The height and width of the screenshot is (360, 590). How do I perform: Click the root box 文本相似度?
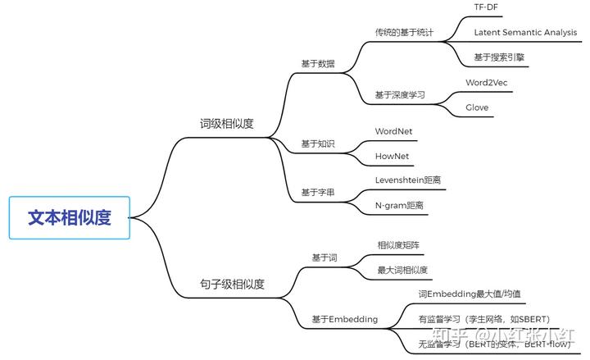(70, 217)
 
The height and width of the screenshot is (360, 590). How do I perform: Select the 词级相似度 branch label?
(227, 125)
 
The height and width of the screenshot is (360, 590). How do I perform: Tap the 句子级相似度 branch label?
(232, 285)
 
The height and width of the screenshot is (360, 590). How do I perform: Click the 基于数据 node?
(318, 64)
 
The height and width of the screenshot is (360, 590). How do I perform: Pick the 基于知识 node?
(318, 144)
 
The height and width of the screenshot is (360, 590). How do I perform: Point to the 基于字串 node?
(318, 192)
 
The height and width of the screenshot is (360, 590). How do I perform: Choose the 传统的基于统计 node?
(404, 33)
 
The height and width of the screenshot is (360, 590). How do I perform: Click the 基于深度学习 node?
(400, 95)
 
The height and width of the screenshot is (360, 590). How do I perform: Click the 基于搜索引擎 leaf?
(499, 57)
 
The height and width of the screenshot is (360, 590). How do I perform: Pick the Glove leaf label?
(477, 107)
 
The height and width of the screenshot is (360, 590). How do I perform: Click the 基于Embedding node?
(345, 319)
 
